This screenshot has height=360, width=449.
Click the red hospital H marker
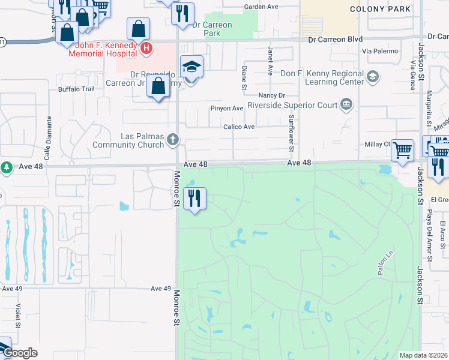point(145,47)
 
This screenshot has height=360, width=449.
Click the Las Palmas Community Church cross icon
point(173,140)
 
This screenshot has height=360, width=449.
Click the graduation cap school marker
point(191,67)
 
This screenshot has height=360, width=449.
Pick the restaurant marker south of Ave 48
point(194,198)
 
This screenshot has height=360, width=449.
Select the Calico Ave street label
point(239,127)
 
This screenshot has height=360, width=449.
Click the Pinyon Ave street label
point(226,109)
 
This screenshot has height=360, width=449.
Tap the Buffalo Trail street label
point(76,89)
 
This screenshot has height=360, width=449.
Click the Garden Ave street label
point(261,7)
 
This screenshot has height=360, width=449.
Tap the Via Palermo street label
point(381,51)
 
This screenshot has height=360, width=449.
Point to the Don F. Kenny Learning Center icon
point(373,76)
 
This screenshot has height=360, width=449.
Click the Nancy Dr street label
point(271,95)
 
